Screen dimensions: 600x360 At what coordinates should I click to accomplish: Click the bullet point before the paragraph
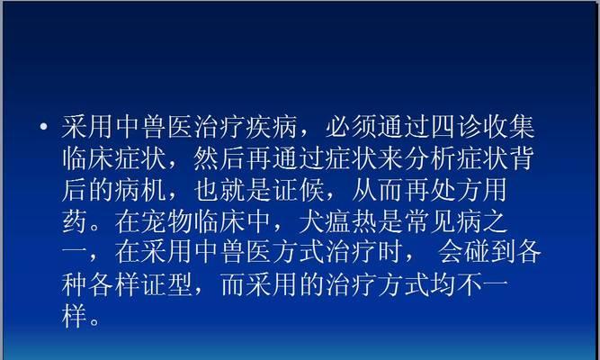[44, 126]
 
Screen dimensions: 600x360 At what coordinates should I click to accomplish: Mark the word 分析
[431, 158]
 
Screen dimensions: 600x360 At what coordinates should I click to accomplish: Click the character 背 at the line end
[523, 158]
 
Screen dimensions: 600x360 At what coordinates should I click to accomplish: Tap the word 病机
[140, 190]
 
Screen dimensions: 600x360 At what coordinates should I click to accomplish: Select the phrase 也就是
[233, 190]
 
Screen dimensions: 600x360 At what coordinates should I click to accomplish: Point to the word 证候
[299, 190]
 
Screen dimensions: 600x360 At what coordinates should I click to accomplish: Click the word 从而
[378, 190]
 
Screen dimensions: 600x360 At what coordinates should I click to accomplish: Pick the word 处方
[457, 190]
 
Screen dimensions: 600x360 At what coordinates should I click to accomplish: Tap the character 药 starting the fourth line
[75, 222]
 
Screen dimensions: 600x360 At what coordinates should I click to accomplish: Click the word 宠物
[167, 222]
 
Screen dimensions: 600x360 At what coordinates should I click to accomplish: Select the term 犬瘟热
[338, 222]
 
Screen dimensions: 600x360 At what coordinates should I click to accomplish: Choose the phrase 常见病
[443, 222]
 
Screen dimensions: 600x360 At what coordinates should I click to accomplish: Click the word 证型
[167, 285]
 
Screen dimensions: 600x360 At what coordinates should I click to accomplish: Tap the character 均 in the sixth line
[443, 285]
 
